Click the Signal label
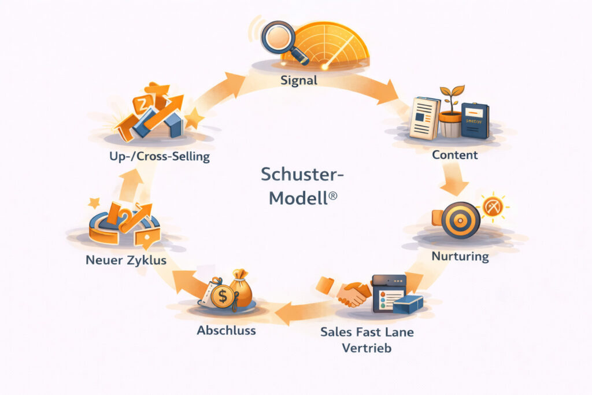coord(298,80)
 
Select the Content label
coord(454,155)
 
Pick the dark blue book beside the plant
coord(475,120)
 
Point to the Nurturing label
coord(460,256)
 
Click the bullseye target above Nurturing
coord(460,220)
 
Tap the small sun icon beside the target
coord(492,206)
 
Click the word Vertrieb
coord(367,348)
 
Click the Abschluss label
coord(226,331)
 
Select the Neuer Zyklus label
coord(126,260)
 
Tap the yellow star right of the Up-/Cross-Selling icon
coord(194,120)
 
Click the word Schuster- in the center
coord(297,174)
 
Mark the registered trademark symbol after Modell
coord(332,197)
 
